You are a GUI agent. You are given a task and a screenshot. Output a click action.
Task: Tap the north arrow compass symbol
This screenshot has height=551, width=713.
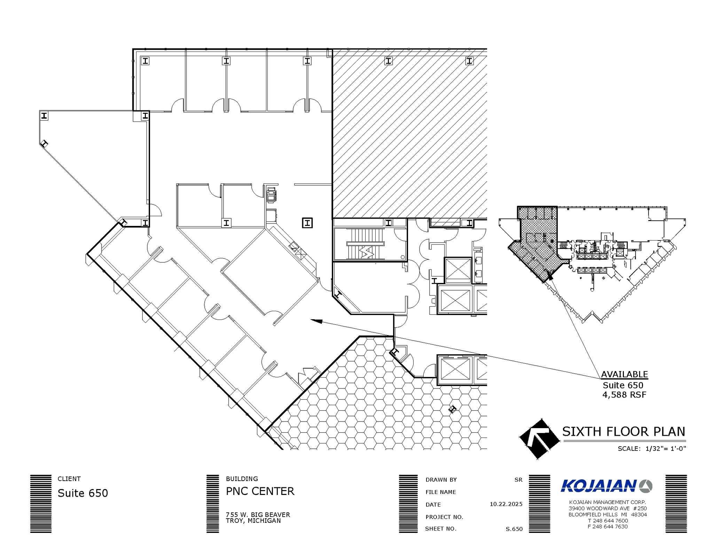coord(539,439)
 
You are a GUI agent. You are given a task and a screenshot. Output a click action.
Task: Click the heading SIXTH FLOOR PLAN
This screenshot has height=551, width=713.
coord(624,432)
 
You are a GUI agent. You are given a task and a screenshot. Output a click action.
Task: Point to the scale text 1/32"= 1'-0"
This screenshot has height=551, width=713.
coord(665,449)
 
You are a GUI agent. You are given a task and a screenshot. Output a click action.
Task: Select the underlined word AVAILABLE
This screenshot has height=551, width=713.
coord(624,375)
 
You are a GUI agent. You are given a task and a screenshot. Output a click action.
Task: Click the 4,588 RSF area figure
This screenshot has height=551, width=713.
coord(624,395)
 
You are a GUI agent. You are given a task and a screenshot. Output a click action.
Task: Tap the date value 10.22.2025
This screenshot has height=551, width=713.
coord(506,504)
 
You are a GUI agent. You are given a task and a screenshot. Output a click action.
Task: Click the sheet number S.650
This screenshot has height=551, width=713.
coord(514,529)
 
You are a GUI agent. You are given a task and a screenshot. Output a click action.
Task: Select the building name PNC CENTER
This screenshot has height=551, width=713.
coord(260,491)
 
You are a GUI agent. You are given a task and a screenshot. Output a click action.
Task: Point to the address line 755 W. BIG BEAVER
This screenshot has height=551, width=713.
coord(258,514)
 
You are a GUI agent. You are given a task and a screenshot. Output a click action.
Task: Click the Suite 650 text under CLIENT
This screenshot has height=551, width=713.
coord(83,493)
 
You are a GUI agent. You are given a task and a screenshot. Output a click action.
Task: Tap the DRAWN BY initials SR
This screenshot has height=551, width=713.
coord(518,480)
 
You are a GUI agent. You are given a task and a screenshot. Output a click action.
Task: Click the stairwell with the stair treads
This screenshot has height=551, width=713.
coord(365,244)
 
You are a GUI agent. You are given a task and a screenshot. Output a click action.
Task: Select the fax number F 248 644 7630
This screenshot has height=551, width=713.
coord(608,527)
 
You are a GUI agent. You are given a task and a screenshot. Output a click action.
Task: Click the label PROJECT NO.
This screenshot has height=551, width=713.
coord(444,517)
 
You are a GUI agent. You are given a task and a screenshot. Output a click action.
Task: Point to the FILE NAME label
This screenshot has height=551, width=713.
coord(440,492)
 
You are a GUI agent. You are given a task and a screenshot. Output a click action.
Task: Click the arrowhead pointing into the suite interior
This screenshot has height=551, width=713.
coord(316,321)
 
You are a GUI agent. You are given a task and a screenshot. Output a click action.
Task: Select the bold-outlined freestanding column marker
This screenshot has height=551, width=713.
coord(307,223)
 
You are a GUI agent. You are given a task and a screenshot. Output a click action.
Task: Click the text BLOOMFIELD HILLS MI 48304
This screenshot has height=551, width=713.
coord(608,514)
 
